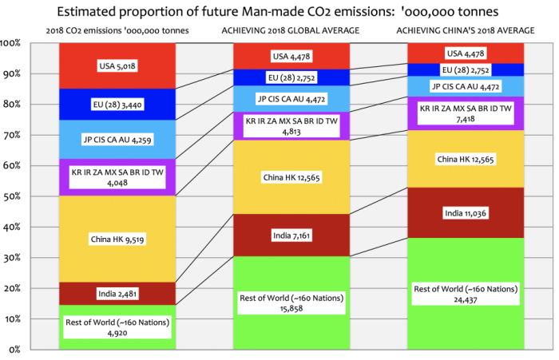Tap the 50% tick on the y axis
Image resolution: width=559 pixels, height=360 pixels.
click(x=15, y=196)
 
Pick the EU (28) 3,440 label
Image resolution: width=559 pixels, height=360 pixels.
click(x=117, y=104)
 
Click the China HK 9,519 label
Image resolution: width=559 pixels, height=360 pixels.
click(x=117, y=238)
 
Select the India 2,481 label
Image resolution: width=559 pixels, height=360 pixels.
click(x=117, y=294)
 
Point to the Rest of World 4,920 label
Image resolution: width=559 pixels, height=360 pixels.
click(x=117, y=327)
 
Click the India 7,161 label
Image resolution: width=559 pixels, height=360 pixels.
click(x=292, y=237)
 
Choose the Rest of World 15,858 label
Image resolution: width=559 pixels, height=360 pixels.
click(x=292, y=303)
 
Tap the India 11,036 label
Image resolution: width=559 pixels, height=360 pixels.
click(x=467, y=213)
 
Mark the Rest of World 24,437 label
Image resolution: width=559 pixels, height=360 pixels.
click(x=467, y=293)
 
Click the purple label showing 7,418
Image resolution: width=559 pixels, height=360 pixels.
click(x=467, y=113)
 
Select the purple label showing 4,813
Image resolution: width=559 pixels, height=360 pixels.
click(x=292, y=127)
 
